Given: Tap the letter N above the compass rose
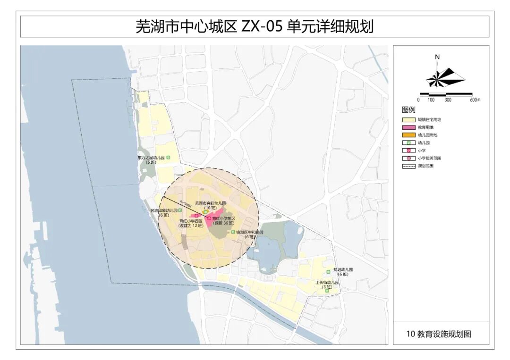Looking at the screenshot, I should (x=437, y=57).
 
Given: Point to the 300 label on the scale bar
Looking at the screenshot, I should (x=448, y=100).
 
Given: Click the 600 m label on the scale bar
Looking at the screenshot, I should (x=475, y=100).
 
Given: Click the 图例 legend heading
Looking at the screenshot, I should (x=408, y=110).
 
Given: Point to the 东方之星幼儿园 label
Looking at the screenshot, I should (x=151, y=158).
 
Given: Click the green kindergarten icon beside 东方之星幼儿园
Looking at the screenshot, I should (x=169, y=158).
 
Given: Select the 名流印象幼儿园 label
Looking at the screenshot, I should (x=163, y=210).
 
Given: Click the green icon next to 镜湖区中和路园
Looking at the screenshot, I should (x=233, y=232).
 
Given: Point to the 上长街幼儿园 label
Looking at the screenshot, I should (x=327, y=283).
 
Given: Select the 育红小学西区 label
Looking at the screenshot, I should (x=191, y=221).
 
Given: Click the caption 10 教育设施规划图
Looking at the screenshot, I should (x=439, y=334).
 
